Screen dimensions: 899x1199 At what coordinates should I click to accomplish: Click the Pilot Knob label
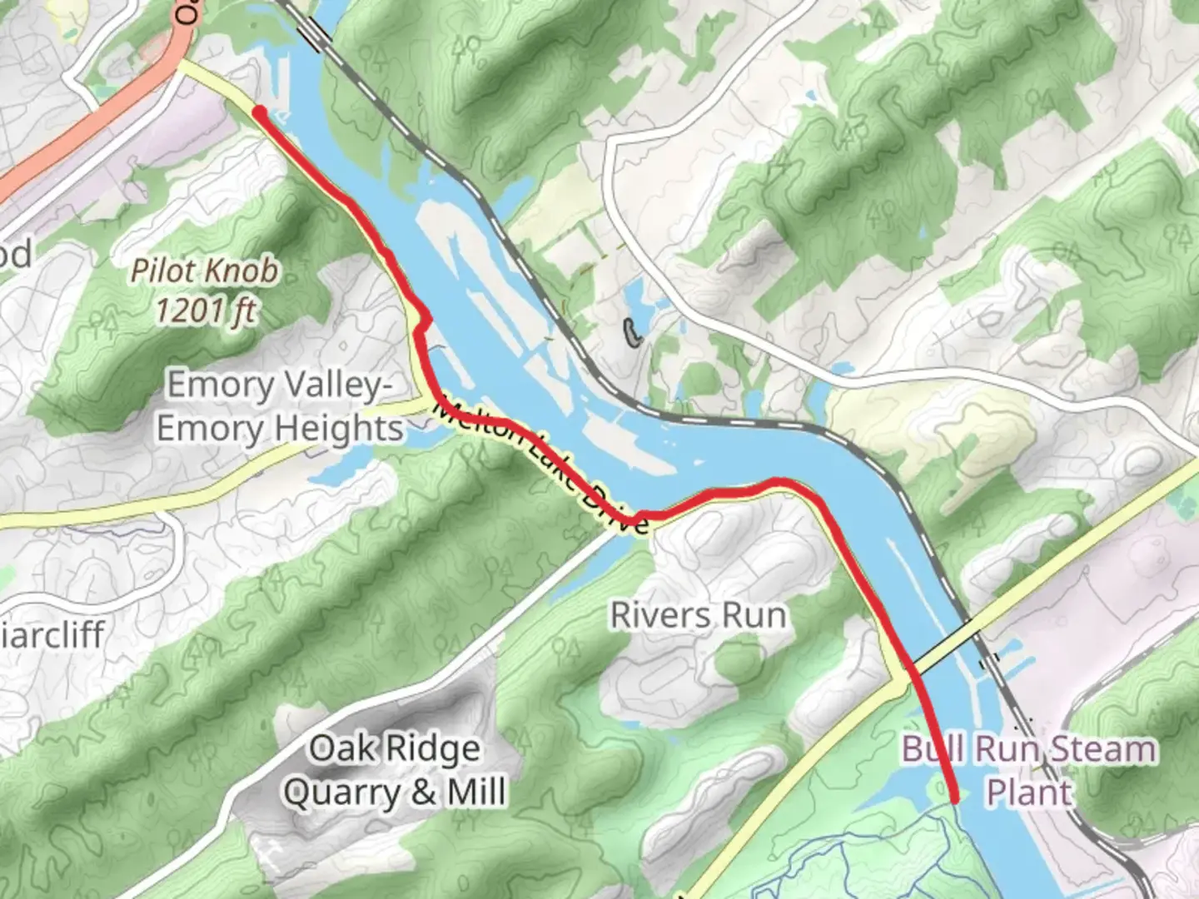click(205, 271)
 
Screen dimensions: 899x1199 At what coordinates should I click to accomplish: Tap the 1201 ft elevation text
click(206, 311)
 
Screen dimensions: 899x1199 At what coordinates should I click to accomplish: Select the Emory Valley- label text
click(278, 385)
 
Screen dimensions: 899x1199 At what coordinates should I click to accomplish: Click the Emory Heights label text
click(280, 429)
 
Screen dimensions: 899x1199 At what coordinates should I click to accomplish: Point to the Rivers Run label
click(698, 615)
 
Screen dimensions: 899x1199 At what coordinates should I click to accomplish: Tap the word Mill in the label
click(476, 791)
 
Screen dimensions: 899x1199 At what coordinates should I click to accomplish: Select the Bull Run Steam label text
click(1029, 749)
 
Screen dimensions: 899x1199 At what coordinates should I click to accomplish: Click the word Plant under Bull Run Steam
click(1029, 791)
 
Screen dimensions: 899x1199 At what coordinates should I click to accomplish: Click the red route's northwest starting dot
click(259, 112)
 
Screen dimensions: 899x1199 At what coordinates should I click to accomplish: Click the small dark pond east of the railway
click(633, 334)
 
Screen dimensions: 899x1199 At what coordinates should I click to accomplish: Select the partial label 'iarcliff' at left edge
click(53, 634)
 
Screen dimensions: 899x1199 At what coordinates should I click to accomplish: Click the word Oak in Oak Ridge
click(339, 748)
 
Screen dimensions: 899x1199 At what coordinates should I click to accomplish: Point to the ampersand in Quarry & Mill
click(422, 792)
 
